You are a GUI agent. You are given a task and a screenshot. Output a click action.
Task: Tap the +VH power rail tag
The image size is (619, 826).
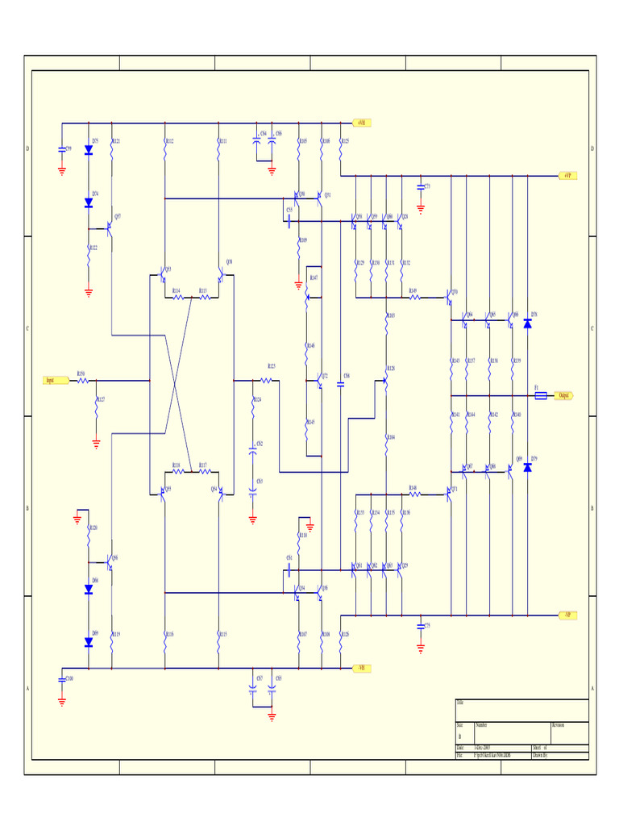click(x=361, y=123)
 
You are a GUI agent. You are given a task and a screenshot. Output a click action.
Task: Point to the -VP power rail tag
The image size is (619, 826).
click(x=568, y=615)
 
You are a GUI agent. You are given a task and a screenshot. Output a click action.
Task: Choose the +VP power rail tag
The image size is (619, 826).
click(x=568, y=175)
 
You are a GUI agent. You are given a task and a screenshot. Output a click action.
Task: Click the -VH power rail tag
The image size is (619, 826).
click(x=362, y=668)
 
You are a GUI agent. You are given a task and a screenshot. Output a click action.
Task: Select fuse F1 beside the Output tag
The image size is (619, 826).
click(x=541, y=395)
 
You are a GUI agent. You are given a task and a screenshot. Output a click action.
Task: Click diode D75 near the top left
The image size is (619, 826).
click(x=89, y=150)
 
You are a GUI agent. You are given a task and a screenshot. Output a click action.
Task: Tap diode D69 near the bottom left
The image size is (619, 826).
click(x=89, y=642)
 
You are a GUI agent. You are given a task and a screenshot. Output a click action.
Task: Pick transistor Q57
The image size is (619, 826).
click(x=109, y=227)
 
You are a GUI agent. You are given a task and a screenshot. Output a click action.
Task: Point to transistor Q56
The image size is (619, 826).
click(x=109, y=562)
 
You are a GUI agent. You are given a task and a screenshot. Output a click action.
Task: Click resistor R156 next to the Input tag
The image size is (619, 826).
click(x=82, y=380)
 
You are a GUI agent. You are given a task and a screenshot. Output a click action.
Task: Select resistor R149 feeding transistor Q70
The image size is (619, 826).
click(x=415, y=297)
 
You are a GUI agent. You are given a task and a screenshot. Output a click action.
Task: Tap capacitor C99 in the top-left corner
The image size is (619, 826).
click(x=62, y=149)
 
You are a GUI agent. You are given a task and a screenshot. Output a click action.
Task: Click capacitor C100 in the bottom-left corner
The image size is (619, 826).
click(x=62, y=679)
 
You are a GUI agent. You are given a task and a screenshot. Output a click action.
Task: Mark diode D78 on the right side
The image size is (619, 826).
click(x=528, y=323)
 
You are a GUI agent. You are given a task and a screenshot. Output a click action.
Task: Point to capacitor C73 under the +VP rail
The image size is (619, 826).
click(x=421, y=186)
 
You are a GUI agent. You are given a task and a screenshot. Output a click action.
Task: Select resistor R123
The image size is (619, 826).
click(x=270, y=380)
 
